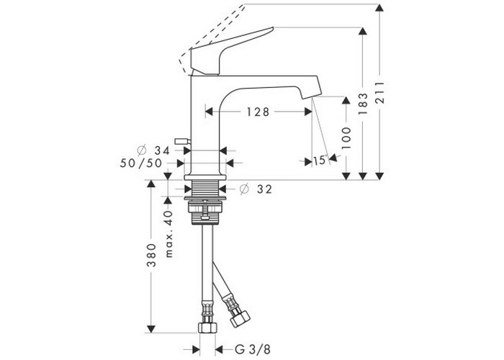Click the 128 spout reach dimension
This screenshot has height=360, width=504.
tap(258, 112)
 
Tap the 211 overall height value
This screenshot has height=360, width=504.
tap(380, 93)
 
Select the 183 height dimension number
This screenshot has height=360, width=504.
tap(363, 104)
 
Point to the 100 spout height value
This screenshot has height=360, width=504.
tap(346, 138)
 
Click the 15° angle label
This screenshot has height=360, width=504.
tap(320, 160)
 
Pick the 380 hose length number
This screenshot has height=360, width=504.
tap(151, 256)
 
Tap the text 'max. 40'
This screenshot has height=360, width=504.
tap(169, 234)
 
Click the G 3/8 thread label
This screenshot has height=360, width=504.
tap(253, 349)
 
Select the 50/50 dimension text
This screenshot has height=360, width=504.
tap(141, 163)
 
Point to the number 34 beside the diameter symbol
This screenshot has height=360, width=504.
tap(162, 150)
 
